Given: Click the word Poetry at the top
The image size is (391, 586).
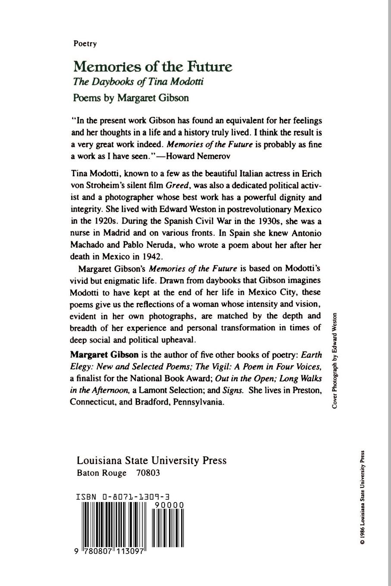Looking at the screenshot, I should tap(85, 44).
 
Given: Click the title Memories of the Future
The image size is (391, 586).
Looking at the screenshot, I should tap(153, 67).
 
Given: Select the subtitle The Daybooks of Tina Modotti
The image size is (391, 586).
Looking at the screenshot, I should tap(138, 82).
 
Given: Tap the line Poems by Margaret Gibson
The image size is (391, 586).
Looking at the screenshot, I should tap(131, 98).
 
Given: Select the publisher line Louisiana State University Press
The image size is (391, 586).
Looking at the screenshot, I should tap(151, 460).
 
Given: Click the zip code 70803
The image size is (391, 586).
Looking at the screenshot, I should tap(148, 473).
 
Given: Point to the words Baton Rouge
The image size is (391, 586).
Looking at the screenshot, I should tap(102, 473).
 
